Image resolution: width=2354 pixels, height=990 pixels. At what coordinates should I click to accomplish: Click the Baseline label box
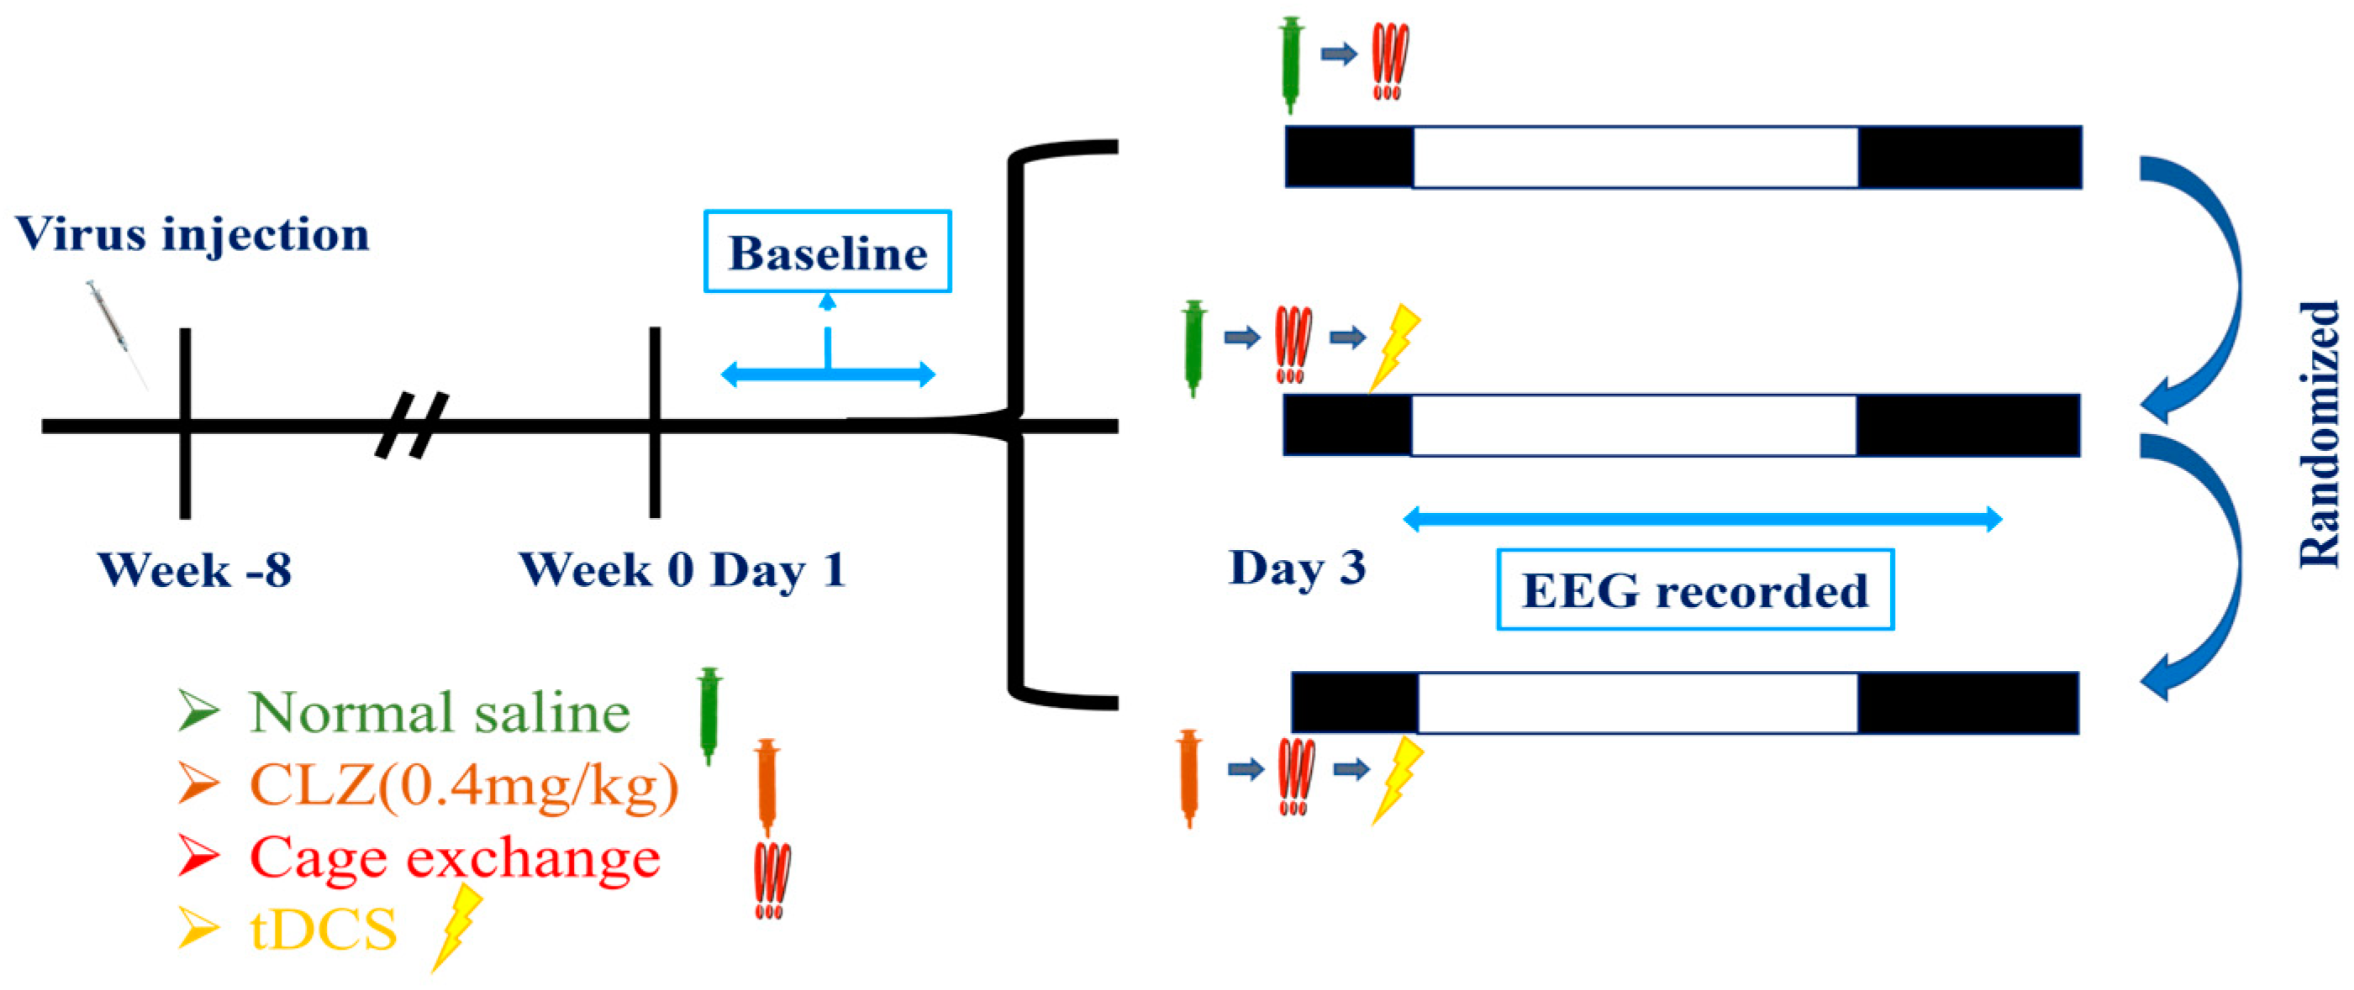coord(827,252)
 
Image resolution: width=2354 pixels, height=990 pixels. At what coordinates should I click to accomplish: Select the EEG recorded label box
coord(1694,590)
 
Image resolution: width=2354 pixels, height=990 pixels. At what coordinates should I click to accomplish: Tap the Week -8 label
coord(195,570)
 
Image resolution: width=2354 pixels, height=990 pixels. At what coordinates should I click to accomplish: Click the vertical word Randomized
coord(2320,435)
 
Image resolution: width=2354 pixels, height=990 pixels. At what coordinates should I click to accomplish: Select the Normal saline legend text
coord(440,712)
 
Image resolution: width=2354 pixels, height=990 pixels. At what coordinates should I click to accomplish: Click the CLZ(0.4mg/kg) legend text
coord(464,783)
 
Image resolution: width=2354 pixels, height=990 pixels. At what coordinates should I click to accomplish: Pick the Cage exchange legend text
coord(454,856)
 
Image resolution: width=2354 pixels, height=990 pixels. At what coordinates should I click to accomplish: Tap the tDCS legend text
coord(324,930)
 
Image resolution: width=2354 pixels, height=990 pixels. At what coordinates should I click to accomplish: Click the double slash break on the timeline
coord(412,425)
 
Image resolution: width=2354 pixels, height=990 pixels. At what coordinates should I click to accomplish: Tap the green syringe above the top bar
coord(1290,64)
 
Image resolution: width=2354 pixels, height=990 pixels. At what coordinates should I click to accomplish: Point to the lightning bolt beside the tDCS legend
coord(458,926)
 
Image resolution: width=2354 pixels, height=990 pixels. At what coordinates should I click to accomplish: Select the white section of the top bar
coord(1635,157)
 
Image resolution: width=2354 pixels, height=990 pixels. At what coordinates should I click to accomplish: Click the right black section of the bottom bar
coord(1968,702)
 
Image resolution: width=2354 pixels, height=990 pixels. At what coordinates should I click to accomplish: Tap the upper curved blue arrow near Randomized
coord(2198,283)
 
